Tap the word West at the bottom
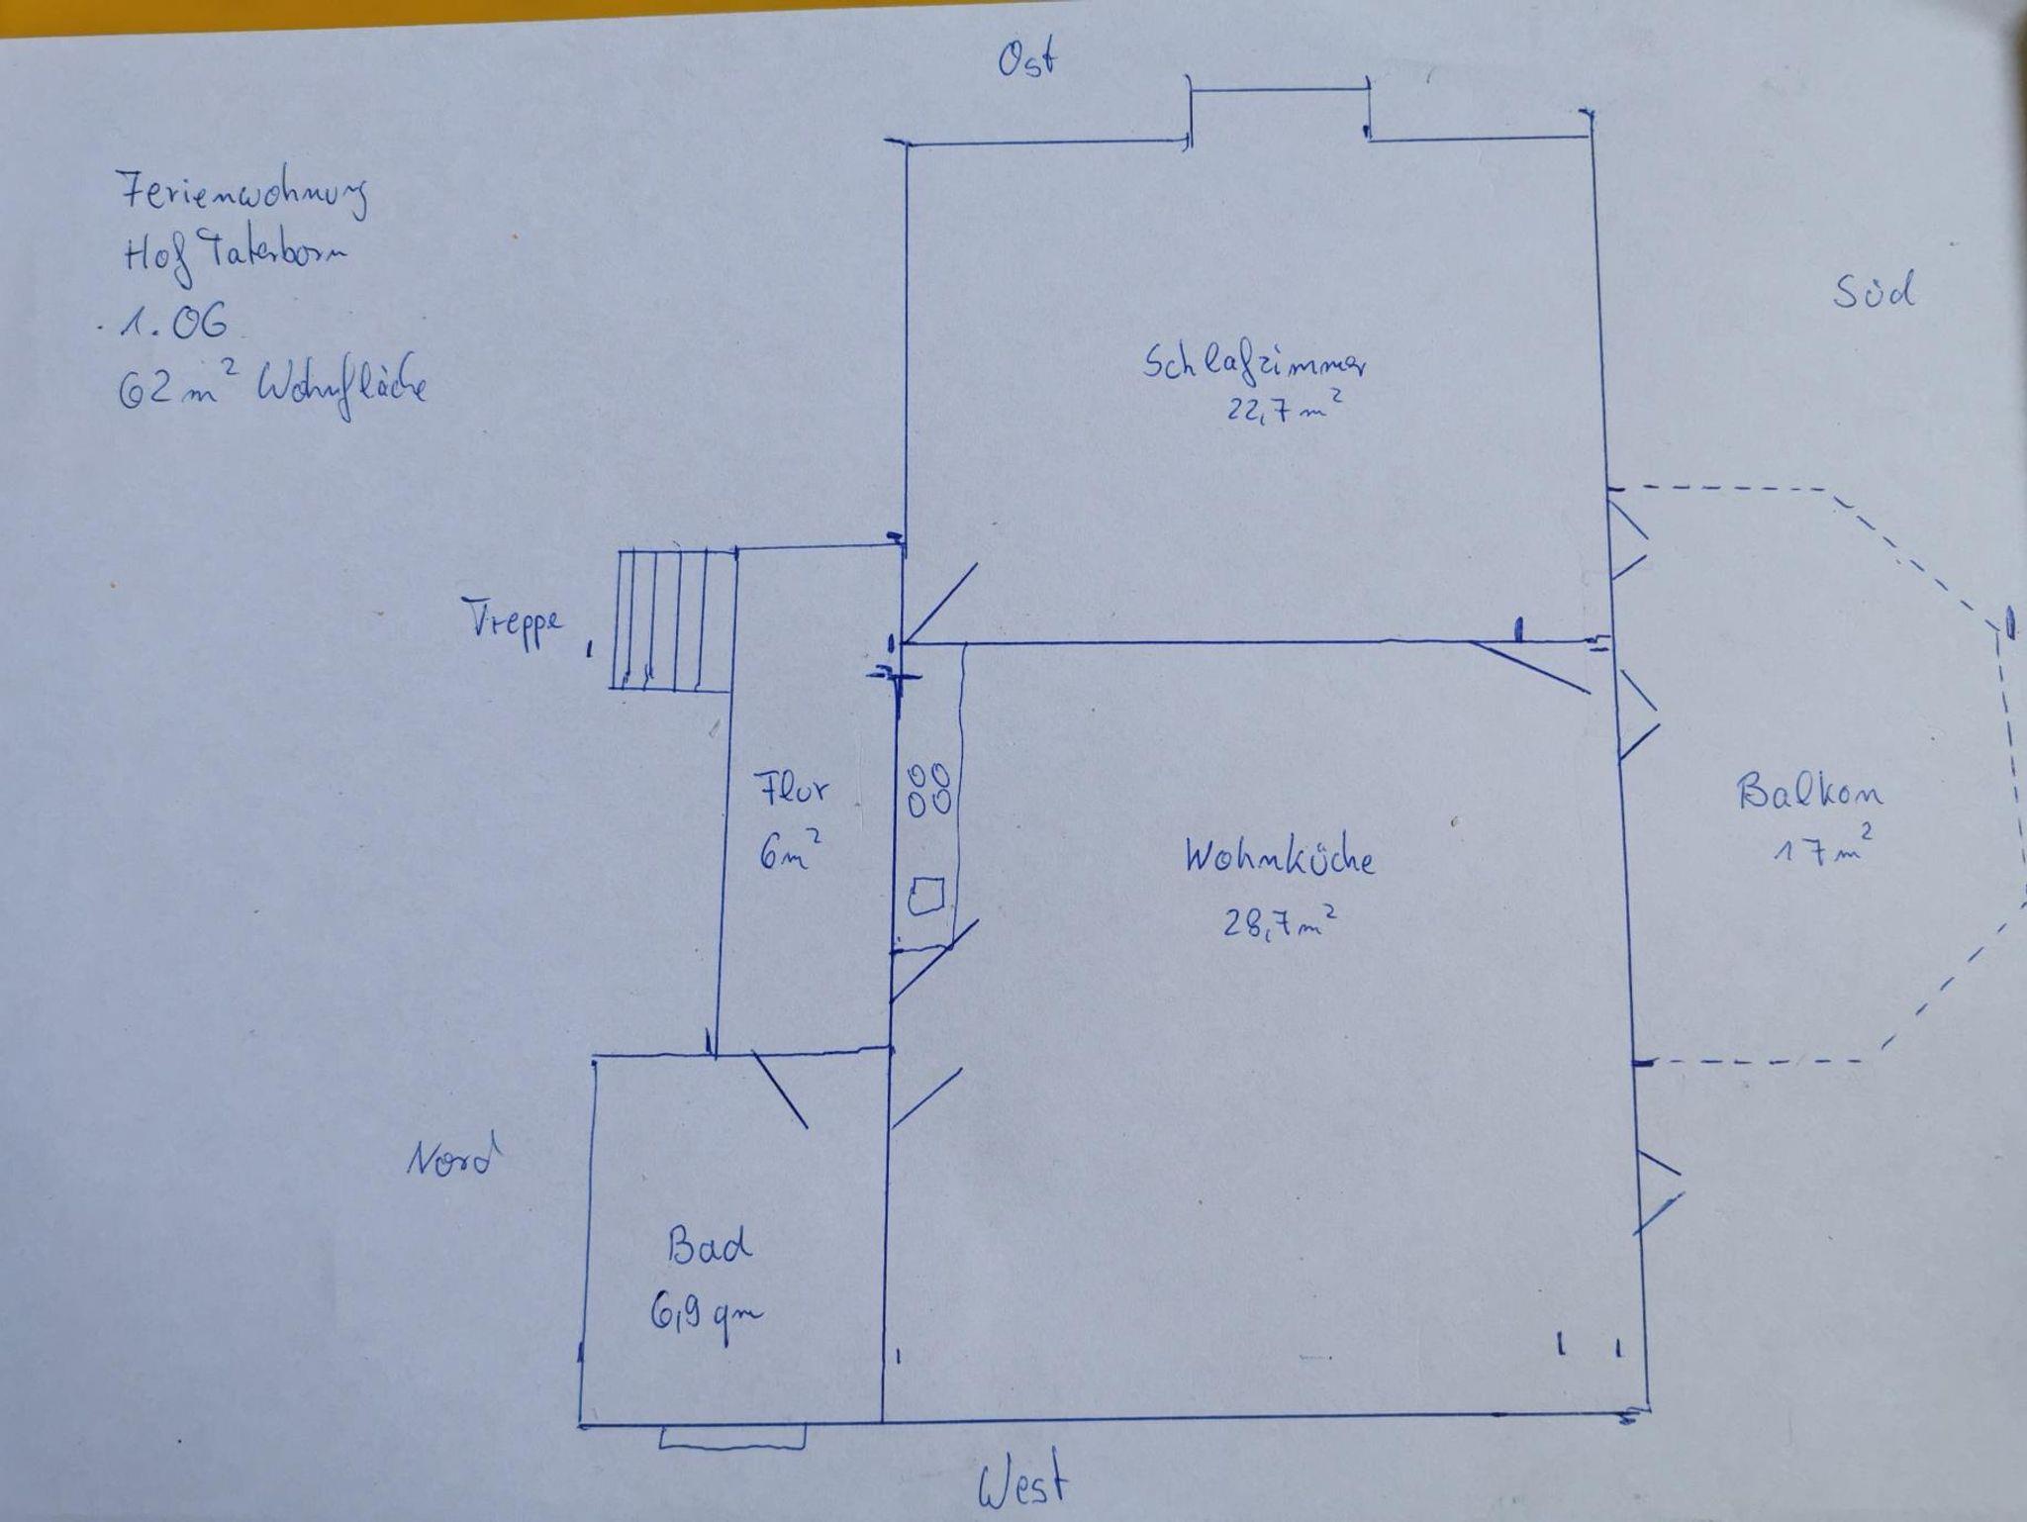[1023, 1481]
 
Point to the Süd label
[1874, 292]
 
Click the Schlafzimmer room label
[1256, 363]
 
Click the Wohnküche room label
[1280, 857]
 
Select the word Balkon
[1810, 793]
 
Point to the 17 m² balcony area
[1819, 849]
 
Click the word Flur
[792, 790]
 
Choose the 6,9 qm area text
[707, 1314]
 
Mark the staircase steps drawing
[673, 618]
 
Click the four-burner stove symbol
[929, 789]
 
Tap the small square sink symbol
[926, 896]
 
